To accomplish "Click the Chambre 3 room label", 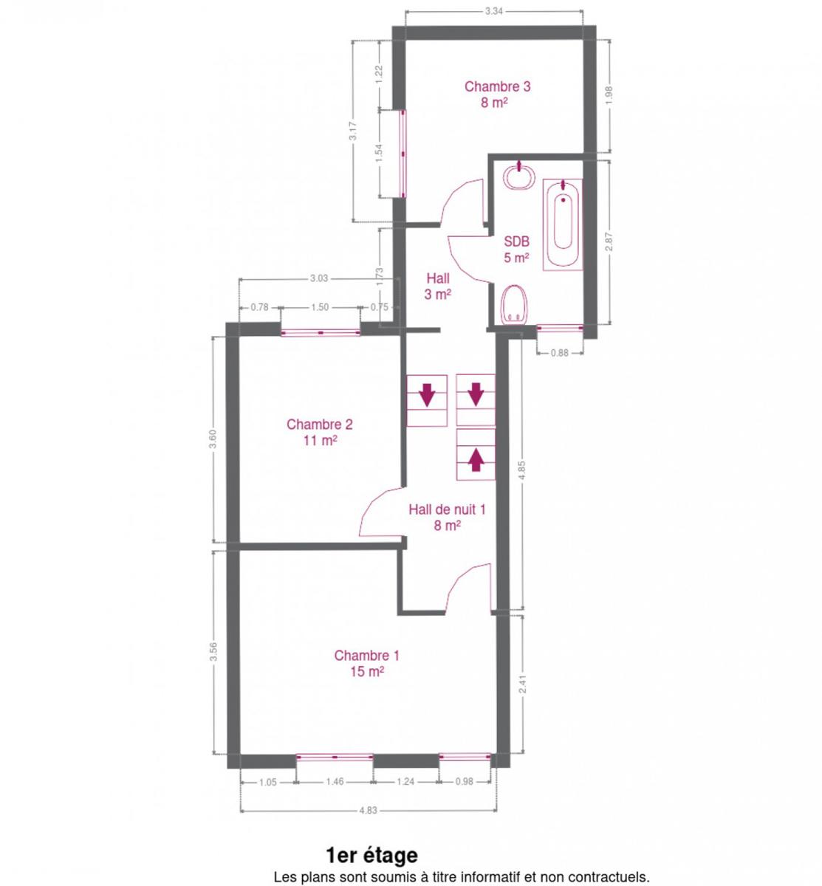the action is pyautogui.click(x=497, y=86).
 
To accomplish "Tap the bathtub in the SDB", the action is pyautogui.click(x=562, y=224).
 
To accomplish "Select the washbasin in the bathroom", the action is pyautogui.click(x=518, y=176).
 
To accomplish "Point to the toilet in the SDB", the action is pyautogui.click(x=514, y=305).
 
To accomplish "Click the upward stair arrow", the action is pyautogui.click(x=476, y=460).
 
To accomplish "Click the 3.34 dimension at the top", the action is pyautogui.click(x=494, y=11).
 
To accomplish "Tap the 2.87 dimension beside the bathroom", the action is pyautogui.click(x=609, y=241).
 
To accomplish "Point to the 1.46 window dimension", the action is pyautogui.click(x=335, y=782).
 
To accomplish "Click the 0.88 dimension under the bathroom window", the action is pyautogui.click(x=560, y=353).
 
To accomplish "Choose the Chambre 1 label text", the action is pyautogui.click(x=366, y=656).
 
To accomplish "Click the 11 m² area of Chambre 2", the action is pyautogui.click(x=320, y=440).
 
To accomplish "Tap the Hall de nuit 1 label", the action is pyautogui.click(x=447, y=509).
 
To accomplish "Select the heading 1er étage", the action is pyautogui.click(x=371, y=855).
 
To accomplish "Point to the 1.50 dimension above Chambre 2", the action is pyautogui.click(x=320, y=307).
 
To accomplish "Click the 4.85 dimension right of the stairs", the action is pyautogui.click(x=523, y=470).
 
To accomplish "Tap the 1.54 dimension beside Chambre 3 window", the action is pyautogui.click(x=378, y=153).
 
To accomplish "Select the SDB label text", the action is pyautogui.click(x=517, y=241).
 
